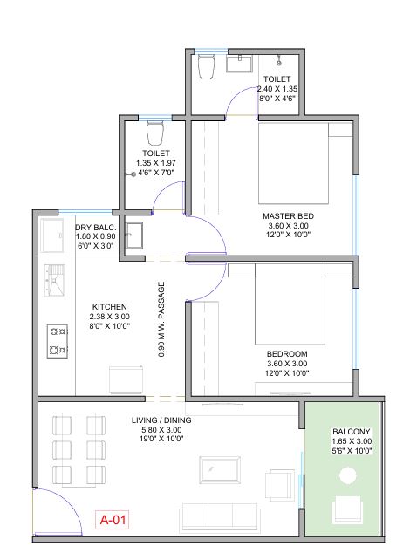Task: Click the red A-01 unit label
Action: point(113,520)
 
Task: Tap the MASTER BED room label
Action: point(288,216)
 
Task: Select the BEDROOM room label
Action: point(287,354)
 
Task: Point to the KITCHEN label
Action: point(110,307)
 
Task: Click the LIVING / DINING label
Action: point(161,420)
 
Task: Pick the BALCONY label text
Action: point(352,432)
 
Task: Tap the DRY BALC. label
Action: point(96,228)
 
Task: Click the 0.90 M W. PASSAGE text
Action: point(161,319)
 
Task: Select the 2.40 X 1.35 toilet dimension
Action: point(277,89)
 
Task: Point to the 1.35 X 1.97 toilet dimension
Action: point(156,163)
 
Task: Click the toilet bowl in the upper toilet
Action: point(207,66)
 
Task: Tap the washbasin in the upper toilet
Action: point(239,64)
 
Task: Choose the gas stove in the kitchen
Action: point(58,341)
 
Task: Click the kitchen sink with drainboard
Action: point(54,280)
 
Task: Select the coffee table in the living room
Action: point(220,469)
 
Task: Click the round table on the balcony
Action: point(348,475)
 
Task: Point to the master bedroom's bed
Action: point(294,163)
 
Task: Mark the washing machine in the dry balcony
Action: point(52,236)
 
